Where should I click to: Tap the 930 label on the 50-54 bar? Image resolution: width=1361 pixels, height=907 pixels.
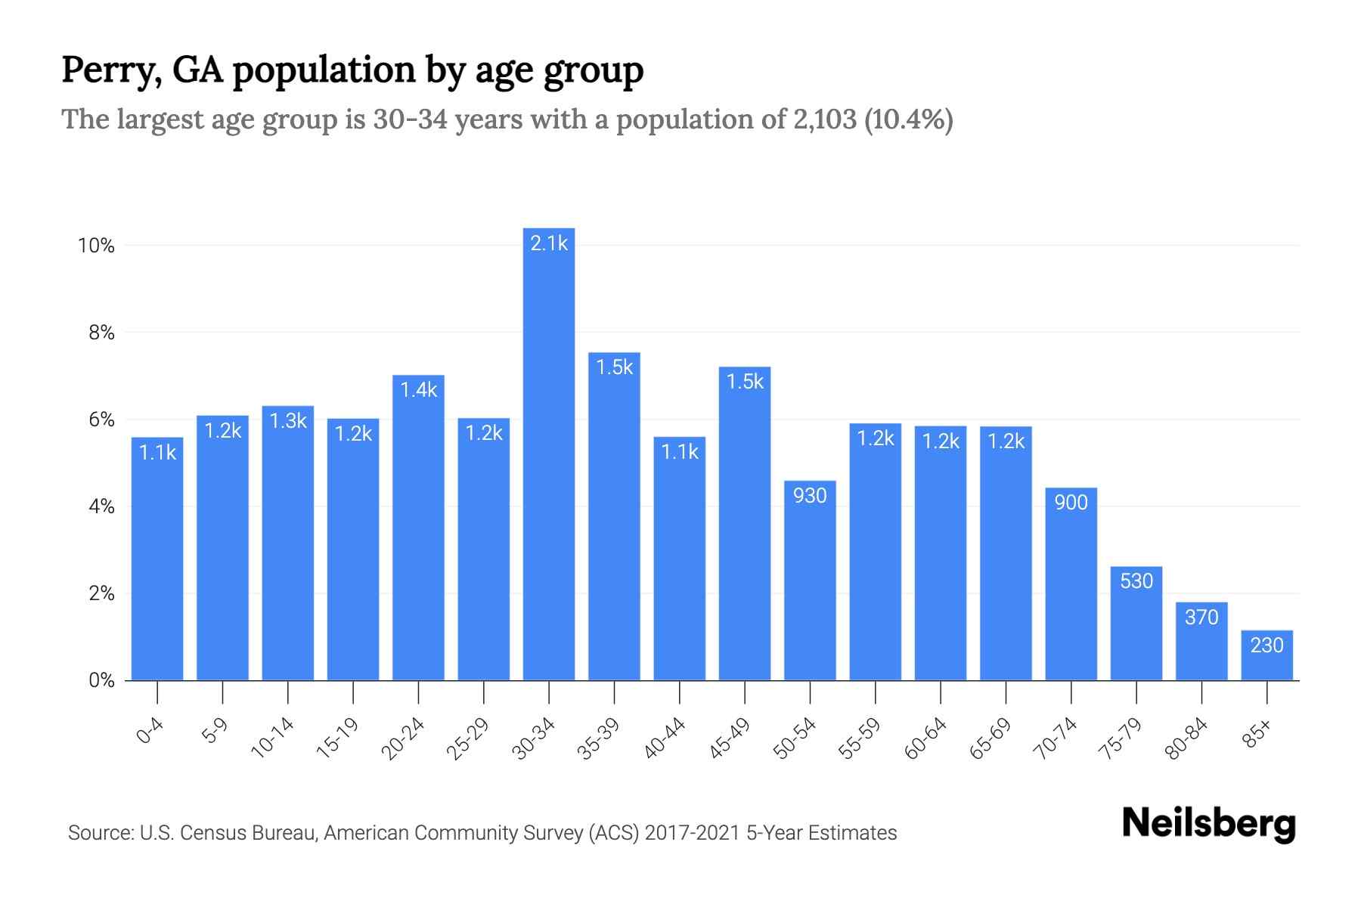coord(810,496)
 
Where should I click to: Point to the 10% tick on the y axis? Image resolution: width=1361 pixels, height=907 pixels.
coord(96,246)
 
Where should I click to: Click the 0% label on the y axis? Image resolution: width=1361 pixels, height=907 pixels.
coord(101,680)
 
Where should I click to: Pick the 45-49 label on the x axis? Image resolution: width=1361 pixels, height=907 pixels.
coord(730,738)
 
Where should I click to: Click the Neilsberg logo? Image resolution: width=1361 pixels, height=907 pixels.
coord(1208,824)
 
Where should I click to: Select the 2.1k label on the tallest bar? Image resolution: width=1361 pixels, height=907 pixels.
coord(549,243)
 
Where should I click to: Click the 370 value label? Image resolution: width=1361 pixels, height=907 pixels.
coord(1201,618)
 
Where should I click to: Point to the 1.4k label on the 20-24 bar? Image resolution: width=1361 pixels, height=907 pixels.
coord(418,390)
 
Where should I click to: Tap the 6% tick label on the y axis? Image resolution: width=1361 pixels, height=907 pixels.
coord(101,419)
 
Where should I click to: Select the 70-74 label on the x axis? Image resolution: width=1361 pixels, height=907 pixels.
coord(1055,738)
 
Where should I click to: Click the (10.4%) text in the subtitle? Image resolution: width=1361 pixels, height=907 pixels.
coord(908,119)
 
